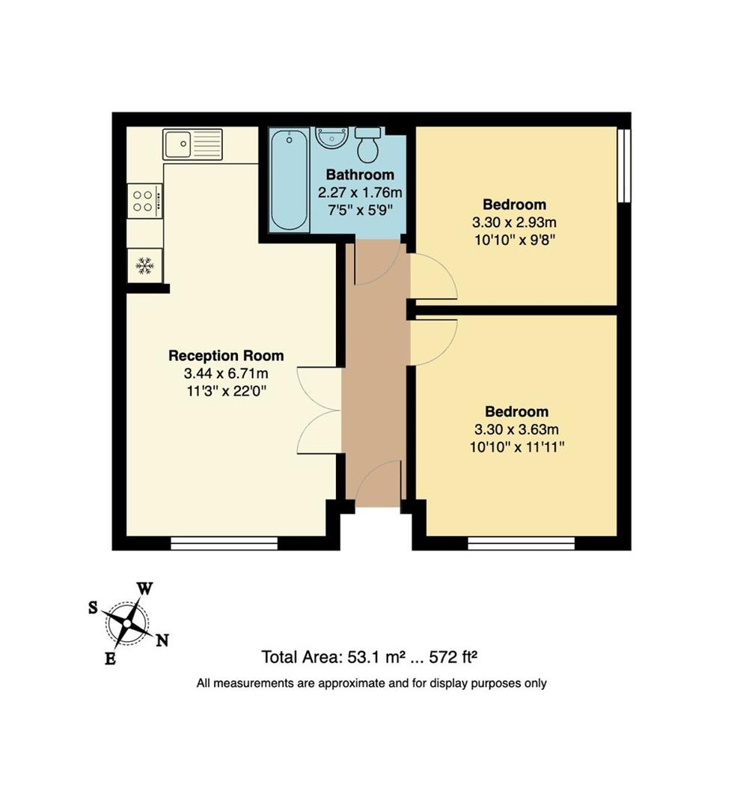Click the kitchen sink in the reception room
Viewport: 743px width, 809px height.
tap(193, 144)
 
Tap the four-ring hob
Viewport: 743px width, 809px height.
tap(145, 202)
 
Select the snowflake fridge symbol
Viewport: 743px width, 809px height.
tap(145, 266)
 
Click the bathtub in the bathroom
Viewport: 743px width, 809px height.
tap(290, 180)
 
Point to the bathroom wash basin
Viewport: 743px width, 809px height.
tap(332, 139)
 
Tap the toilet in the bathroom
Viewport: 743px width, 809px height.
tap(368, 145)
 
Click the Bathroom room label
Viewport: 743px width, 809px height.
tap(360, 175)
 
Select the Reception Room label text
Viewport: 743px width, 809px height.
tap(226, 356)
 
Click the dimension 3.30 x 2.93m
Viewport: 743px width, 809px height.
tap(514, 222)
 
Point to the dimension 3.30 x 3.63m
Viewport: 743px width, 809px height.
tap(516, 429)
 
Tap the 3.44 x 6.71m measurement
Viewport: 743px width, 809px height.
tap(226, 373)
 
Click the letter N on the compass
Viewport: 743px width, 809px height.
tap(162, 640)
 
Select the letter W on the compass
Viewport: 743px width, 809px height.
tap(145, 589)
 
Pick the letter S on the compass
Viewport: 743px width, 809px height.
tap(93, 607)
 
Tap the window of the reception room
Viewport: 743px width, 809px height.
tap(224, 543)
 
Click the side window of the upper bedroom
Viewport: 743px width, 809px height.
tap(624, 165)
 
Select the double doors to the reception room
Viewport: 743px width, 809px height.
tap(319, 410)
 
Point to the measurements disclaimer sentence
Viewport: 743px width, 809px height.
tap(371, 684)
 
